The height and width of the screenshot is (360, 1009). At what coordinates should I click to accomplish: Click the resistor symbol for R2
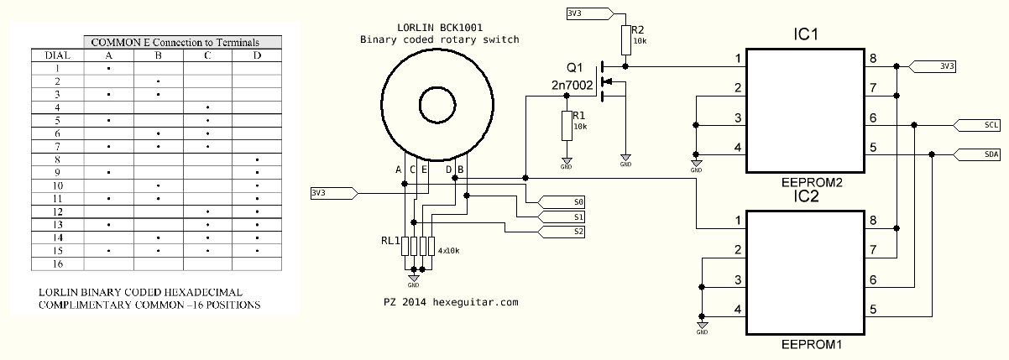click(625, 40)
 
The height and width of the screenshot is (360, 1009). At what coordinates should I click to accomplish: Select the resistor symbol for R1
click(567, 126)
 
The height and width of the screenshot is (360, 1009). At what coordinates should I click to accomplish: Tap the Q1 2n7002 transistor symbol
click(612, 82)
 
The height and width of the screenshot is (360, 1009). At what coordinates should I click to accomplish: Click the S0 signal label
click(562, 202)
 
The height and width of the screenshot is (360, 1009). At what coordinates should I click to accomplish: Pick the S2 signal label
click(562, 232)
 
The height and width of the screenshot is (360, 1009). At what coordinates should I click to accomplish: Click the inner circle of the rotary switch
click(437, 87)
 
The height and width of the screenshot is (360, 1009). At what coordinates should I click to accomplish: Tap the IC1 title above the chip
click(806, 34)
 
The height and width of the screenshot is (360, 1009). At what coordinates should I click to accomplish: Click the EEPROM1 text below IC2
click(811, 345)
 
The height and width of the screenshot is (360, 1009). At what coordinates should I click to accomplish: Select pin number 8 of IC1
click(873, 59)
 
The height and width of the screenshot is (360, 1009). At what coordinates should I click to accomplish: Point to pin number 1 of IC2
click(738, 221)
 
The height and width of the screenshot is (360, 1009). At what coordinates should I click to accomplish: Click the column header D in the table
click(257, 55)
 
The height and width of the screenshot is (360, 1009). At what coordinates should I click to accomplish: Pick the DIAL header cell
click(58, 55)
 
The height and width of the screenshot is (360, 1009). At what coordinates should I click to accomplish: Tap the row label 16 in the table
click(58, 263)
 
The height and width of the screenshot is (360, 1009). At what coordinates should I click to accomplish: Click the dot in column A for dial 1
click(108, 69)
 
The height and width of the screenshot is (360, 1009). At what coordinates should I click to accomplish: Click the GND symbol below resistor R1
click(567, 163)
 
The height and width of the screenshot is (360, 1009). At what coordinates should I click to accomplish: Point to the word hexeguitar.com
click(476, 302)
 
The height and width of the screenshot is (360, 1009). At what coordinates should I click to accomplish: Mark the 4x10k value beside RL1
click(448, 251)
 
